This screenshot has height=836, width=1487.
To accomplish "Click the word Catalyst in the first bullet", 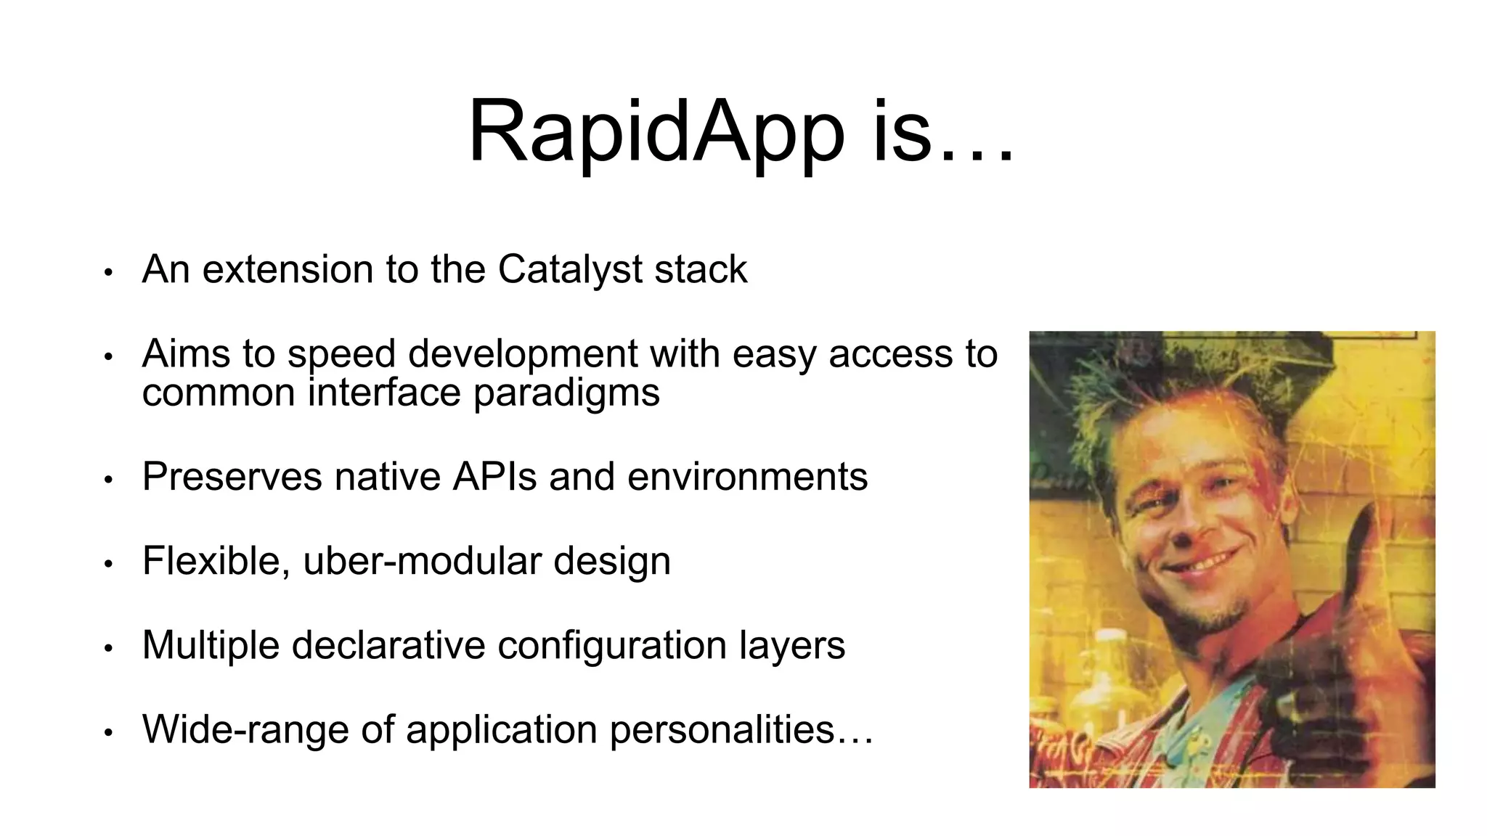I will tap(571, 269).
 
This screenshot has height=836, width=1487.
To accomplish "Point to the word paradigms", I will tap(566, 394).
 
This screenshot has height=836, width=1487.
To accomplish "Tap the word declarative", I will tap(388, 645).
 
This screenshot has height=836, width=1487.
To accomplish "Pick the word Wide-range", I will tap(245, 729).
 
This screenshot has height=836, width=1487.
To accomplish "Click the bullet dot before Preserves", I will tap(108, 480).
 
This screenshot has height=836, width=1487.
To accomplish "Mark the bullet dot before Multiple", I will tap(108, 648).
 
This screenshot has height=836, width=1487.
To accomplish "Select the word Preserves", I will tap(232, 477).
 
